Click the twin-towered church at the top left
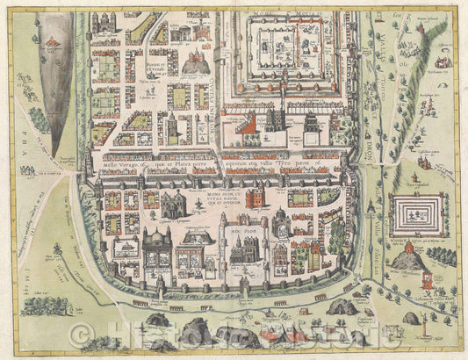tap(105, 22)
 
